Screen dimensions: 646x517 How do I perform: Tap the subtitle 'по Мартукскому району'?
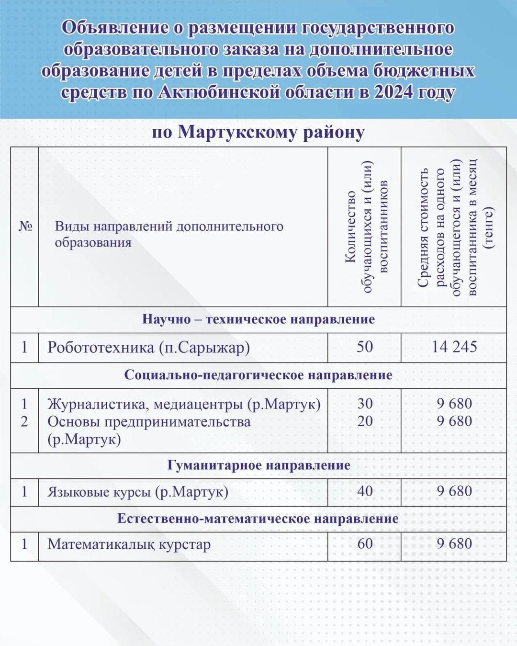tap(258, 132)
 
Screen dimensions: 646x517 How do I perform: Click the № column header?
tap(25, 226)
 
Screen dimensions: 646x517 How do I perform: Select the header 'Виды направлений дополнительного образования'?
tap(169, 234)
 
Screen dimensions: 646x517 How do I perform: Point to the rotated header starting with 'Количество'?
tap(365, 227)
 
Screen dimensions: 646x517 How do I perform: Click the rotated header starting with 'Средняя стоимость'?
tap(454, 227)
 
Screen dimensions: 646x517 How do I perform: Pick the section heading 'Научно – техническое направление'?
tap(258, 319)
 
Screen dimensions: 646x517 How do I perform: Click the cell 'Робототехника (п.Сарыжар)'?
tap(148, 347)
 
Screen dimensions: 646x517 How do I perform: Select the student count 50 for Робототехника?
tap(365, 347)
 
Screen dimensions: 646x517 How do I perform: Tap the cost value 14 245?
tap(454, 347)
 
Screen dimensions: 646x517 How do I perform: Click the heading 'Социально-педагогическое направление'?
tap(258, 375)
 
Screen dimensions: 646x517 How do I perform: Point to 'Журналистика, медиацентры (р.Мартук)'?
tap(184, 404)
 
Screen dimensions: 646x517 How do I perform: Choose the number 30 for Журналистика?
tap(365, 403)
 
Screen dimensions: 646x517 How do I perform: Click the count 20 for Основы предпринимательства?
tap(365, 421)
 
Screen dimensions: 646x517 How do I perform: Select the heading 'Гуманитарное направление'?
tap(258, 465)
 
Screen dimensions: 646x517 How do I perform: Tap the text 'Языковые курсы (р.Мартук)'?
tap(138, 492)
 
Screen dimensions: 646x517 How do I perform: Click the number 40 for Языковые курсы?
tap(365, 491)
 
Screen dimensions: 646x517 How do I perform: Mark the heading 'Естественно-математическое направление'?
tap(258, 519)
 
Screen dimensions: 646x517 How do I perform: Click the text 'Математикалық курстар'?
tap(129, 544)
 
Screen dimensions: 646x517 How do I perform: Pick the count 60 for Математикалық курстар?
tap(365, 544)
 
